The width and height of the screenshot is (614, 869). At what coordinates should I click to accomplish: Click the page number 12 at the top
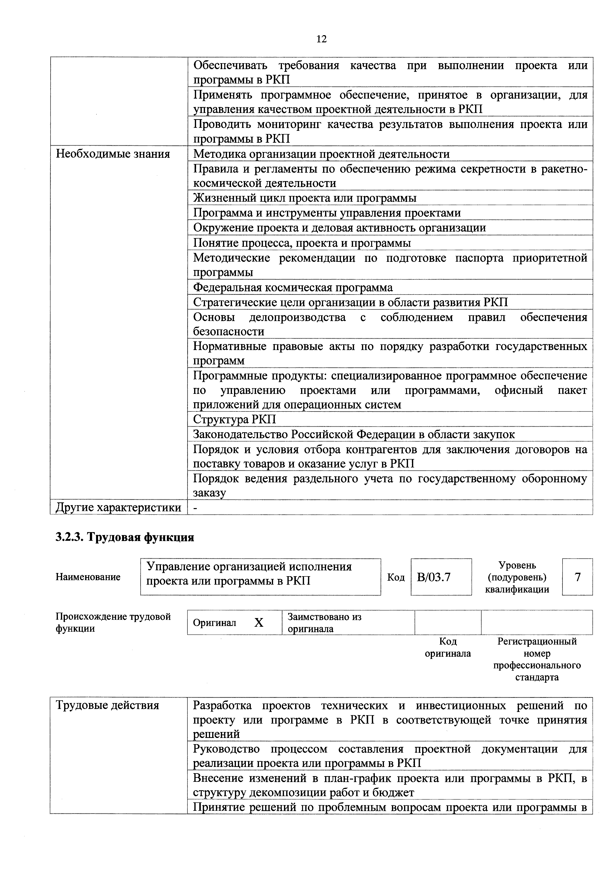(321, 39)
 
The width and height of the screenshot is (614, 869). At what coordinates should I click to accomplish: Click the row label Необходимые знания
(113, 154)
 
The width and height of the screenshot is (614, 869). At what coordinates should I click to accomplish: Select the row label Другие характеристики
(118, 508)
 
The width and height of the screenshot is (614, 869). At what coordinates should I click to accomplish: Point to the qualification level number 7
(577, 577)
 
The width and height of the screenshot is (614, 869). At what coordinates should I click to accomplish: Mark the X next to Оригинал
(259, 623)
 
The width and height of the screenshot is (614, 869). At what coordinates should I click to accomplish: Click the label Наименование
(88, 577)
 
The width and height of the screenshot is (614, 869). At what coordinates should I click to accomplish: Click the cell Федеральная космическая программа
(293, 288)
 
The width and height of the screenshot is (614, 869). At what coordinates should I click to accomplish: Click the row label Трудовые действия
(107, 706)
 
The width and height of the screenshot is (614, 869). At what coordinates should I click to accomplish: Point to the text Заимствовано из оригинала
(324, 623)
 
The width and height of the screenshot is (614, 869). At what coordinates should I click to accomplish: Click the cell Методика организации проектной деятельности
(321, 154)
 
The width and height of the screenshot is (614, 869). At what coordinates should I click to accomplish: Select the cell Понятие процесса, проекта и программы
(302, 243)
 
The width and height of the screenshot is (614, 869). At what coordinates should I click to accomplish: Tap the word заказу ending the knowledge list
(210, 493)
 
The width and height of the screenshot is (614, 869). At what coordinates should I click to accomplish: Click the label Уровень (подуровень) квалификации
(517, 577)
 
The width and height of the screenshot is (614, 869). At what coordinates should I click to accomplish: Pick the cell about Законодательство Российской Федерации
(354, 434)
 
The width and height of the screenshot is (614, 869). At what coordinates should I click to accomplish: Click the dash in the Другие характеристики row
(196, 508)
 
